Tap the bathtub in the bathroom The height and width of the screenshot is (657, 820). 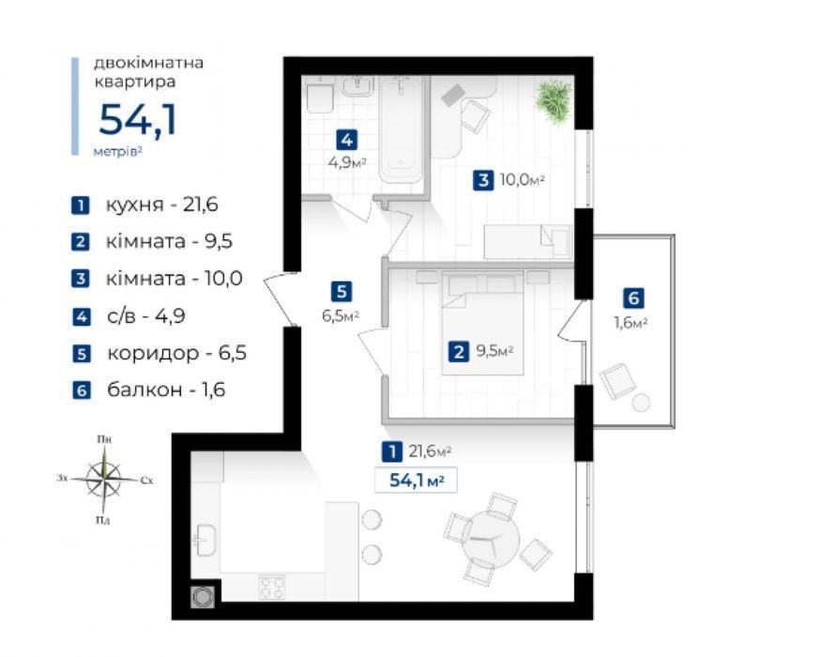point(401,130)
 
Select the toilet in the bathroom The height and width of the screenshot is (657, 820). point(321,95)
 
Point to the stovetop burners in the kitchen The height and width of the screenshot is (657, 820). point(272,586)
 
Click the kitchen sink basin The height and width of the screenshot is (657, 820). point(205,541)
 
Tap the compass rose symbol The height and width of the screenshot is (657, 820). point(104,480)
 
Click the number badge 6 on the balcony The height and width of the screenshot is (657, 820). point(633,298)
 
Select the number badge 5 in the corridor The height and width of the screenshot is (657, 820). point(342,291)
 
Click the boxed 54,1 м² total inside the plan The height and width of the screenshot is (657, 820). point(417,480)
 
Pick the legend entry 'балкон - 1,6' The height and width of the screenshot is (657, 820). point(149,390)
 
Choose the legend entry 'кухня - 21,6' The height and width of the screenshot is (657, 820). point(145,205)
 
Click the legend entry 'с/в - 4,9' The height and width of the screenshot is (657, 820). point(129,316)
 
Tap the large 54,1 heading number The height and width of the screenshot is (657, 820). point(138,120)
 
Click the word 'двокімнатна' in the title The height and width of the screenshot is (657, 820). point(148,63)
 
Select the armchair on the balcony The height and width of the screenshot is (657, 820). point(617,381)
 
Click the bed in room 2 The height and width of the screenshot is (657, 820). point(482,323)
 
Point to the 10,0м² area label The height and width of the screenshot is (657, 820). point(523,180)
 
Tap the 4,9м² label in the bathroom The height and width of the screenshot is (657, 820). point(347,162)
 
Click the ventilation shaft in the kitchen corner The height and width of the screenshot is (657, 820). point(204,597)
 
